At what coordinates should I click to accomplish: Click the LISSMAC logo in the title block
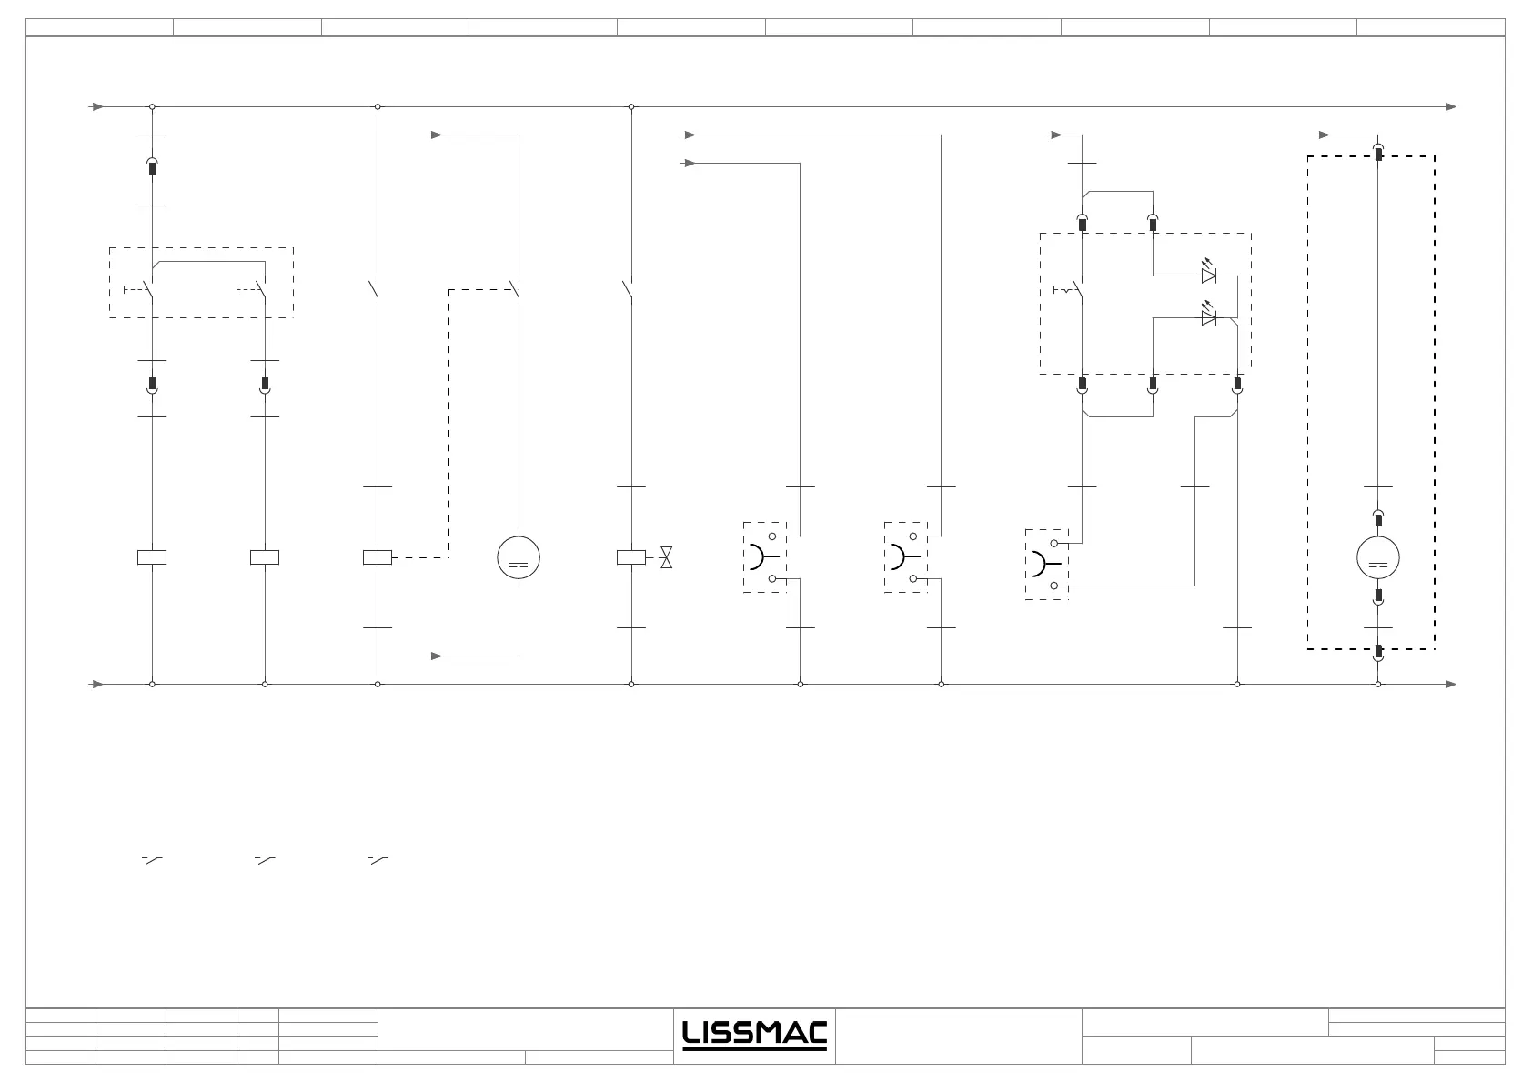click(754, 1035)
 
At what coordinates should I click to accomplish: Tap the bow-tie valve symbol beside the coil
click(666, 557)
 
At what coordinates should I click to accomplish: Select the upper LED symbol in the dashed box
click(1209, 275)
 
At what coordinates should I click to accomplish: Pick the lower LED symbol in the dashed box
click(1209, 317)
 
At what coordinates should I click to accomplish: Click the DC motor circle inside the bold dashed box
click(1377, 557)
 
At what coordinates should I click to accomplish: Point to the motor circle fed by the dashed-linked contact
click(519, 557)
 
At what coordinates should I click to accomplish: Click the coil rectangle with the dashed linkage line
click(378, 557)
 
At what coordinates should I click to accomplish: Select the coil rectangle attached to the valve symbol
click(630, 557)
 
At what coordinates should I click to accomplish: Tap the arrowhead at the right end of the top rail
click(1451, 106)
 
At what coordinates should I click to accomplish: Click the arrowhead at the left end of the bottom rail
click(97, 684)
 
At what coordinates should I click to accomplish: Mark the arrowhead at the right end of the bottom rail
click(1451, 684)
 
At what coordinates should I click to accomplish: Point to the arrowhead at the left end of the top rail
click(97, 106)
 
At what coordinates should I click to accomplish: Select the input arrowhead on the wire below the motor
click(437, 656)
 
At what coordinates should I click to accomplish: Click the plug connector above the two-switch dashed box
click(152, 167)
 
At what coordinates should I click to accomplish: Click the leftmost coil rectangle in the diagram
click(152, 557)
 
